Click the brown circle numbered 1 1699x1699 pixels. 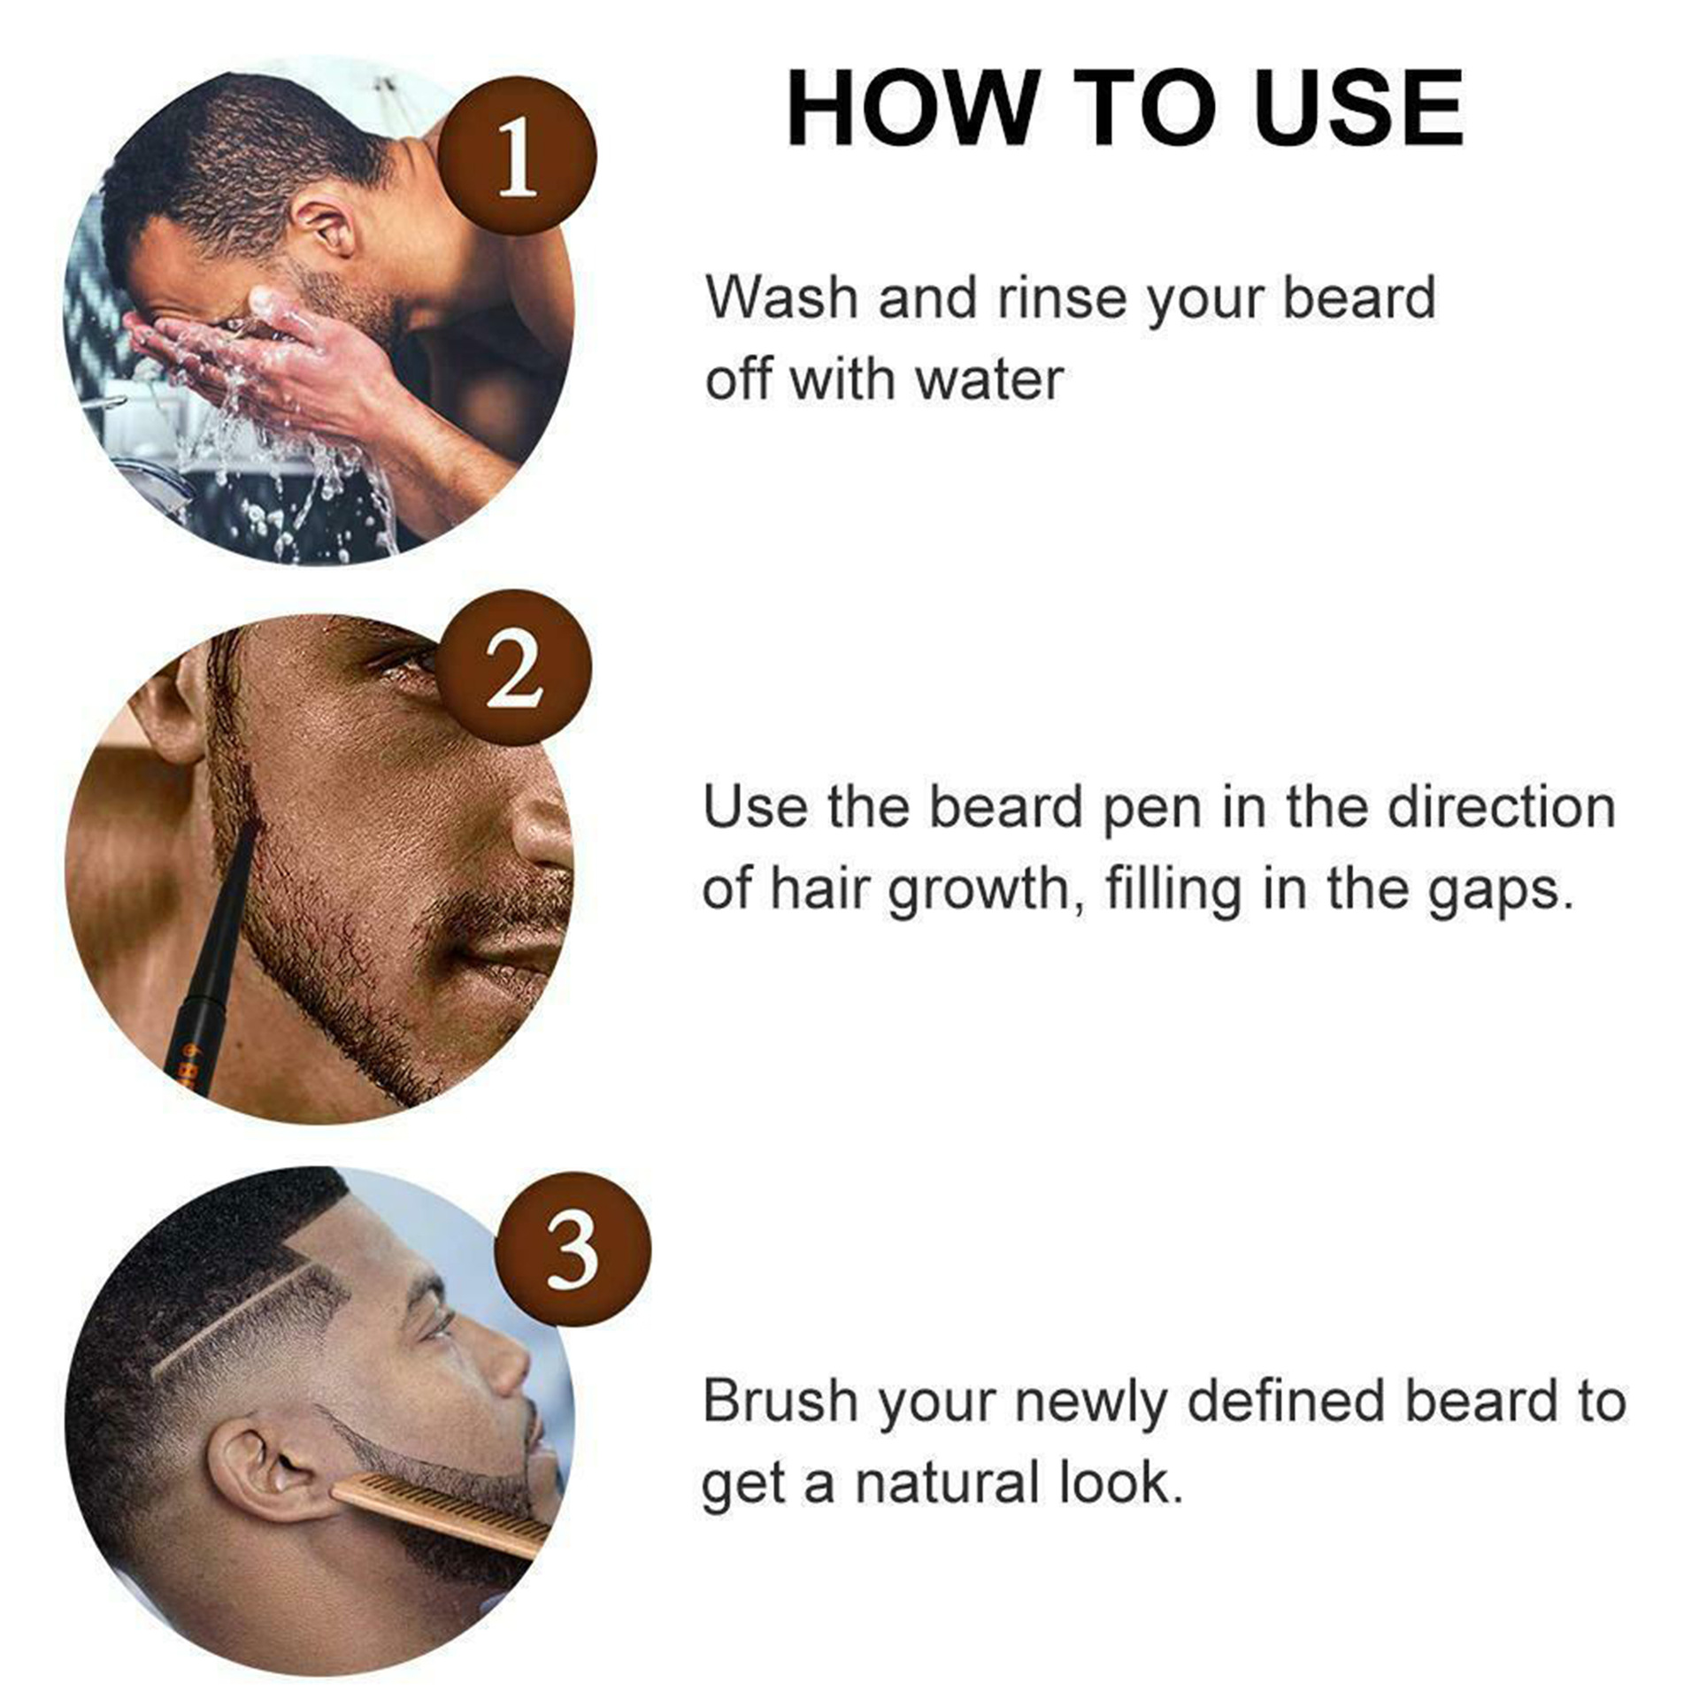click(518, 157)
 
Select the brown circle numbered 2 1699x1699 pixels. click(514, 668)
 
